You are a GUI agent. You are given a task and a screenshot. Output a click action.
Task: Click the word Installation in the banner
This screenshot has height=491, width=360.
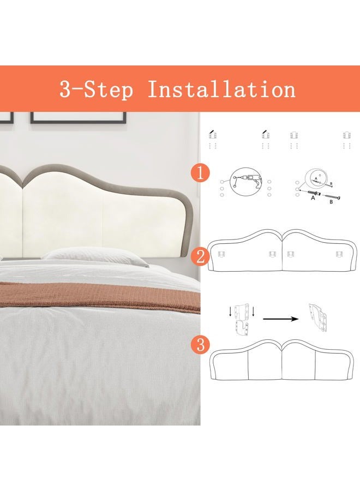pyautogui.click(x=221, y=89)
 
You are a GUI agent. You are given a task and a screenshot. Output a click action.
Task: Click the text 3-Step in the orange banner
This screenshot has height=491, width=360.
pyautogui.click(x=97, y=89)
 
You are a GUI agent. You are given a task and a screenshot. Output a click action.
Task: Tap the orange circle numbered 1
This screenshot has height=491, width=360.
pyautogui.click(x=200, y=173)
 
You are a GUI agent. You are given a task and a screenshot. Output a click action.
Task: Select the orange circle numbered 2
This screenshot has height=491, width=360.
pyautogui.click(x=200, y=257)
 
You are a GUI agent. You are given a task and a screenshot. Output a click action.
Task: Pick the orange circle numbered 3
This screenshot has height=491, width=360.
pyautogui.click(x=200, y=345)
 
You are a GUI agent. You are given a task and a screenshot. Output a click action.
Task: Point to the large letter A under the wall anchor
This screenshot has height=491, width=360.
pyautogui.click(x=313, y=198)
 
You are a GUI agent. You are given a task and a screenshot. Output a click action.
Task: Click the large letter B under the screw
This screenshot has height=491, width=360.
pyautogui.click(x=331, y=202)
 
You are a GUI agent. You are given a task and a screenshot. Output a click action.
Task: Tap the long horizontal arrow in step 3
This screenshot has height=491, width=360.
pyautogui.click(x=280, y=319)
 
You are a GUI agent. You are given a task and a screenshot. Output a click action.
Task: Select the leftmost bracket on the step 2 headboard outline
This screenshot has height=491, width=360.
pyautogui.click(x=222, y=254)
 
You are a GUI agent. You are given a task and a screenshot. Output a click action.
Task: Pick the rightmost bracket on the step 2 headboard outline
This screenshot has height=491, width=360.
pyautogui.click(x=339, y=254)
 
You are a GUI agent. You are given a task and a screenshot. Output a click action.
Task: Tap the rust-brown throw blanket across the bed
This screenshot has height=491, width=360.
pyautogui.click(x=100, y=296)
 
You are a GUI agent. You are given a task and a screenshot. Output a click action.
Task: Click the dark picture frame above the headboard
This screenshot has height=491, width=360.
pyautogui.click(x=78, y=118)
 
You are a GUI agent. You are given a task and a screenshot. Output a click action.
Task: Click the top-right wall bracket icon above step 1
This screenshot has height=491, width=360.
pyautogui.click(x=346, y=135)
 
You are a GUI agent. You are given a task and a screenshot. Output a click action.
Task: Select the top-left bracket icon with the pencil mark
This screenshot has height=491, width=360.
pyautogui.click(x=213, y=135)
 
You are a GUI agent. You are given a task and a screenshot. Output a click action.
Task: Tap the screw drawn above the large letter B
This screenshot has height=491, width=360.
pyautogui.click(x=331, y=196)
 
